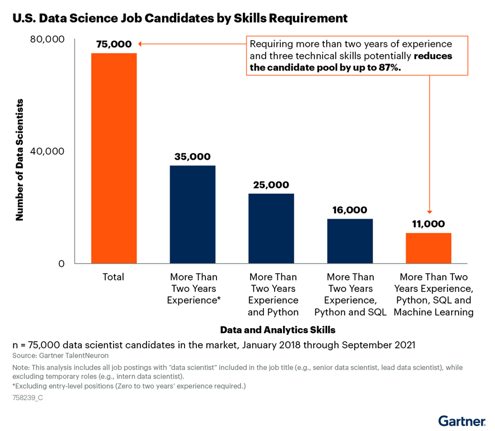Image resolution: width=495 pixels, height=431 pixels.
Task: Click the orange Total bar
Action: pos(114,158)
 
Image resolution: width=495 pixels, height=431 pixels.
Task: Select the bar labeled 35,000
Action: pos(192,214)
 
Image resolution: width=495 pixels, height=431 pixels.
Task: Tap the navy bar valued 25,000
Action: pos(271,228)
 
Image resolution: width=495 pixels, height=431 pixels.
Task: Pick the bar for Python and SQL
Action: pos(350,241)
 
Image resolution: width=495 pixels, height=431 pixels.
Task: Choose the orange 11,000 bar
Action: pos(428,248)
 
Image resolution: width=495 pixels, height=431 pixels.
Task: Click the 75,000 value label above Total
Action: pos(114,44)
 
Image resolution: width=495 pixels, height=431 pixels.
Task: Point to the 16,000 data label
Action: pos(350,210)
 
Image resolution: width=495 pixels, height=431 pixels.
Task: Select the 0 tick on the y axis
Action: pos(62,264)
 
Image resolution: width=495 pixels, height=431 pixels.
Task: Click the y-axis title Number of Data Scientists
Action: pos(20,160)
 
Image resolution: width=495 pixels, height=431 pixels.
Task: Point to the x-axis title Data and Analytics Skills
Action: pos(277,329)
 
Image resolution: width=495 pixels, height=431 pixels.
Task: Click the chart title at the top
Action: pos(180,18)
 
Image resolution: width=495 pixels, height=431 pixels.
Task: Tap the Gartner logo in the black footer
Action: pos(461,420)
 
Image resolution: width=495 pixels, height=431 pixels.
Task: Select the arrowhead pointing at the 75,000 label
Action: pos(140,44)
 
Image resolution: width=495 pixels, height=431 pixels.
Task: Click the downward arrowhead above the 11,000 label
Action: pos(430,211)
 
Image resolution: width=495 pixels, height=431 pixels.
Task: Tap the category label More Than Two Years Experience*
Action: pos(194,288)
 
